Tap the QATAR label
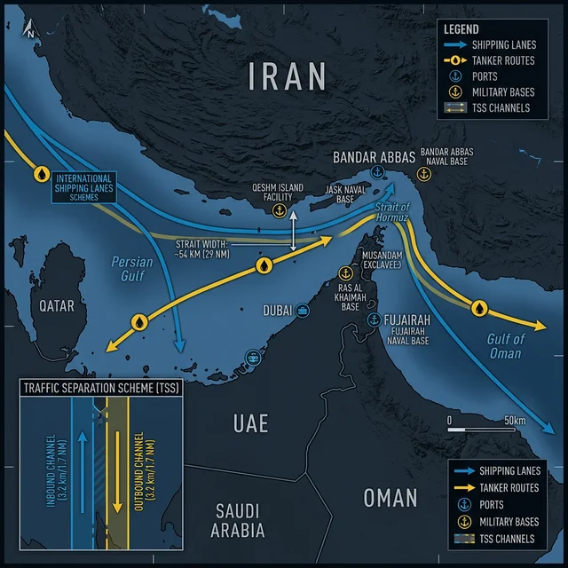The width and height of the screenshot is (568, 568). point(57,305)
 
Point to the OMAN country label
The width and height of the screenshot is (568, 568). point(390,497)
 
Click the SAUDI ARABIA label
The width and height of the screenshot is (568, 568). point(238,521)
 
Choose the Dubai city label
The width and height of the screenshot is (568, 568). point(277,311)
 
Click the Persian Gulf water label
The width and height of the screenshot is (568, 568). point(132,269)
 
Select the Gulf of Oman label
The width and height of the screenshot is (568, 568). point(506,346)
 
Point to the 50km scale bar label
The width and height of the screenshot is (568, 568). point(516,420)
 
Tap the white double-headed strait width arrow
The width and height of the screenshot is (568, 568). point(294,233)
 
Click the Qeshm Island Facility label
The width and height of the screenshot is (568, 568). point(278,193)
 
